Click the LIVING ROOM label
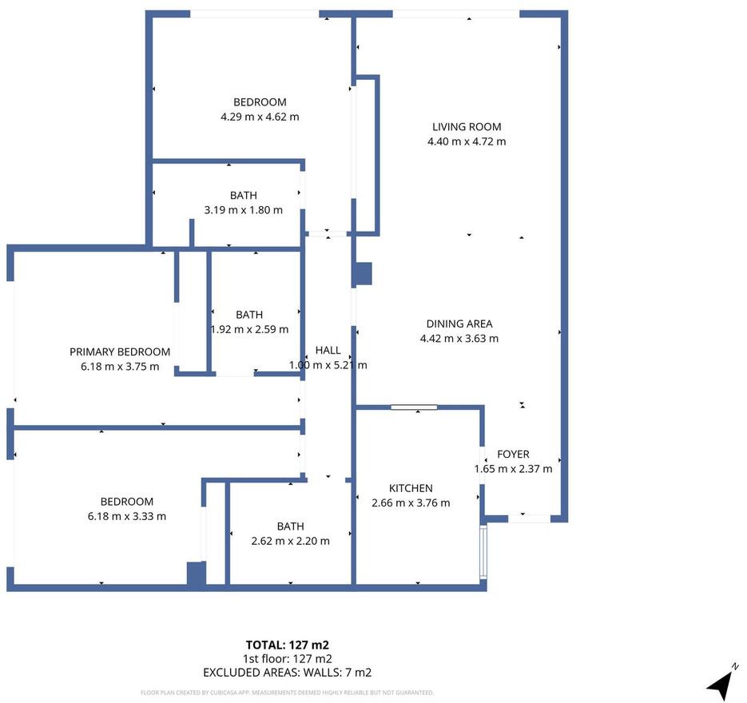point(467,127)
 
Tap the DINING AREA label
point(459,324)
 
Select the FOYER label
point(513,454)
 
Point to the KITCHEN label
point(411,488)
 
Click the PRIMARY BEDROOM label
point(120,352)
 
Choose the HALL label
point(328,350)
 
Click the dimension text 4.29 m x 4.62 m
point(260,117)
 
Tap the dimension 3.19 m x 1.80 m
point(244,210)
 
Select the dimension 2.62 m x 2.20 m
point(290,541)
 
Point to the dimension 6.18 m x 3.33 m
point(127,516)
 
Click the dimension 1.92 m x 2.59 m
point(249,329)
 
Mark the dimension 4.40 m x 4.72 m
point(467,141)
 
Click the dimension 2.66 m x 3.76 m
point(411,503)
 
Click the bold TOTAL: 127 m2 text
point(288,645)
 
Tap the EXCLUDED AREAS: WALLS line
point(288,673)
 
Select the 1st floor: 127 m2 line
point(288,659)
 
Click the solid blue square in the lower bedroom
point(196,573)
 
